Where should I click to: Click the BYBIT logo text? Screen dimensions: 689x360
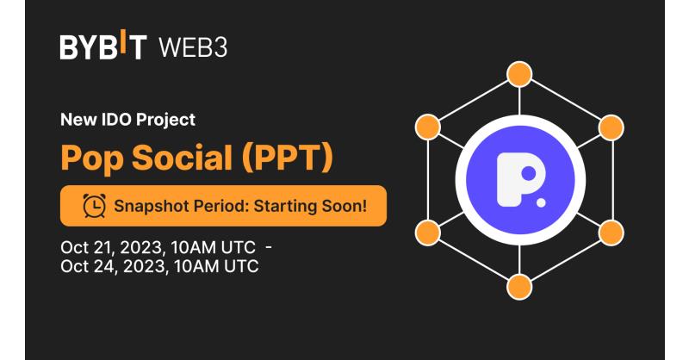[103, 45]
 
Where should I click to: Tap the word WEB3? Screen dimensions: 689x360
[193, 47]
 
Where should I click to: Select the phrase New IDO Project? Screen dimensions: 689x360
[127, 120]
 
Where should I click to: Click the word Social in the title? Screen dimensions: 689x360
[182, 158]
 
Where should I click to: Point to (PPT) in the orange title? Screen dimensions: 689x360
[288, 158]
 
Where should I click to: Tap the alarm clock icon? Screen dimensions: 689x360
[94, 205]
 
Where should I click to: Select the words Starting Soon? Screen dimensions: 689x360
[310, 206]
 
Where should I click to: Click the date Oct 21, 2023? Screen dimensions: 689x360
[113, 247]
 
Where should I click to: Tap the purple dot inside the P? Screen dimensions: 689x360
[528, 173]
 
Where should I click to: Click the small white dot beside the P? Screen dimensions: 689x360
[541, 202]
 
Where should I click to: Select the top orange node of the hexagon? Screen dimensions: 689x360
[519, 74]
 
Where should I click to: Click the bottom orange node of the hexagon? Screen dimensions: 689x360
[519, 287]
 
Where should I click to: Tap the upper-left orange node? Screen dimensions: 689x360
[427, 127]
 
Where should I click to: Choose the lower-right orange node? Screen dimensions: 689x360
[611, 233]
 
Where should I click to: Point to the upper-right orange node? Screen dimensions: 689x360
[611, 127]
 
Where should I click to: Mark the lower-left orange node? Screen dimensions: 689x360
[427, 233]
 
